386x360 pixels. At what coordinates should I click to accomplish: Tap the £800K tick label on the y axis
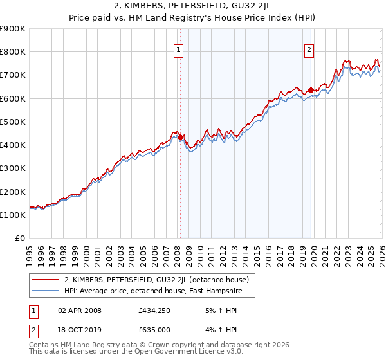[x=13, y=52]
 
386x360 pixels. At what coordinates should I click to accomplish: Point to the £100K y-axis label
[x=13, y=215]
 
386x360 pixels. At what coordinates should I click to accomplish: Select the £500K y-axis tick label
[x=13, y=122]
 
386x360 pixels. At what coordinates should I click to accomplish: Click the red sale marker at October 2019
[x=311, y=90]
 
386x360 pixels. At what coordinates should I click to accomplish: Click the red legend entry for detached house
[x=160, y=280]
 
